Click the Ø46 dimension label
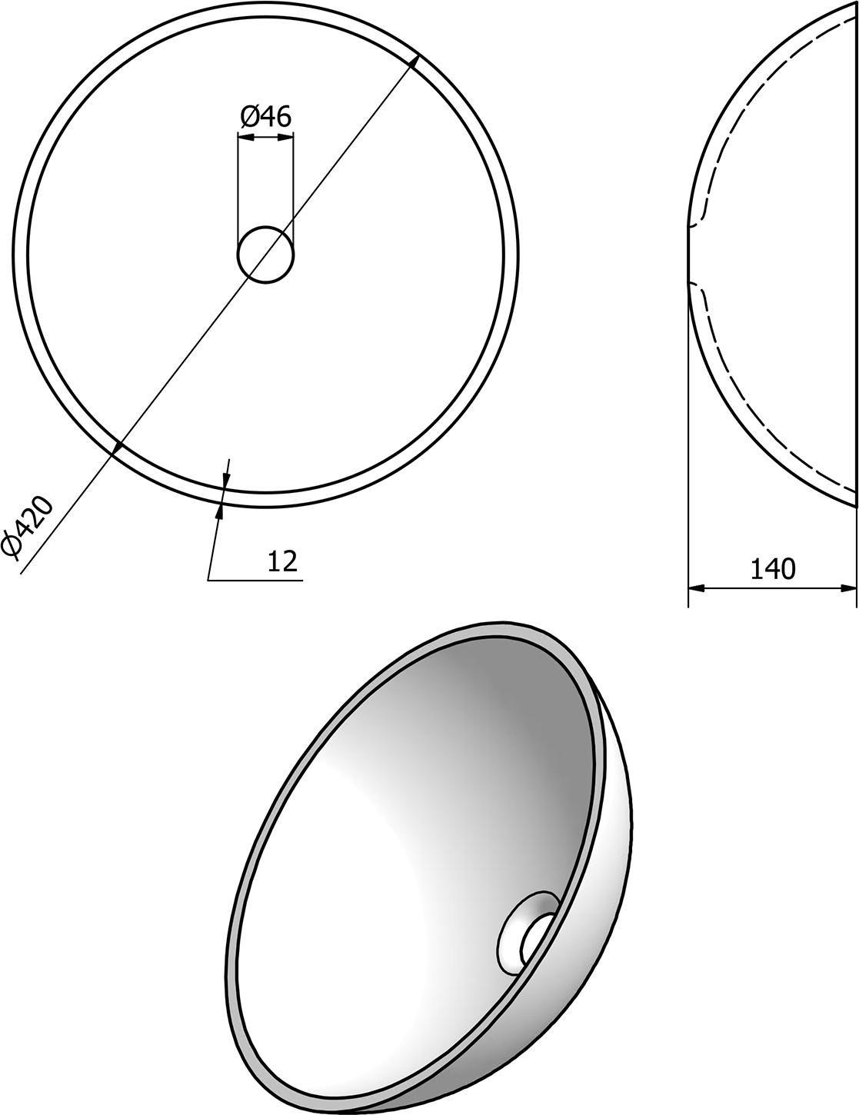click(x=265, y=117)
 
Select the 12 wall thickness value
click(x=282, y=561)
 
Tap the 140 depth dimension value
click(x=773, y=569)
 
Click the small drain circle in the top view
click(x=266, y=255)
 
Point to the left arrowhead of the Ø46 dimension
click(x=246, y=137)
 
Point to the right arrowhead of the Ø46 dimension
click(x=285, y=137)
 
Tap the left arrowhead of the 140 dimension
click(x=696, y=588)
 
